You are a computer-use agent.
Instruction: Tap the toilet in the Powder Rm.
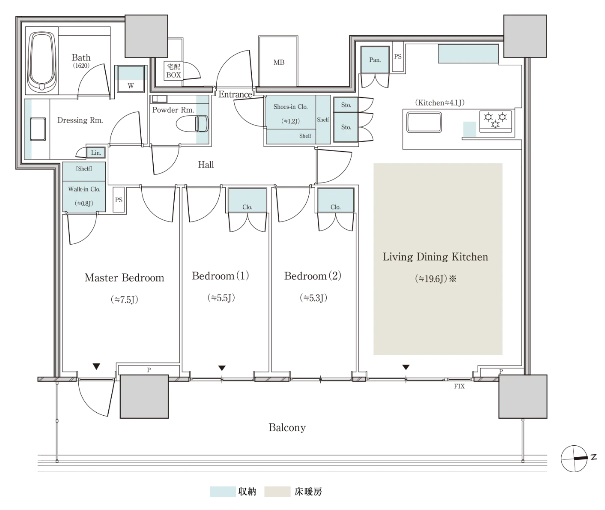point(192,124)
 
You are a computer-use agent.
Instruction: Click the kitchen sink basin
point(424,123)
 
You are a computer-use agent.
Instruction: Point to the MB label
point(279,63)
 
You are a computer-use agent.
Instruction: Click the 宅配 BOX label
point(173,71)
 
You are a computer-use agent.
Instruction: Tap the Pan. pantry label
point(375,60)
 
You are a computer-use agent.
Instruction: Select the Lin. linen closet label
point(96,153)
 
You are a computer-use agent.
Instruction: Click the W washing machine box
point(131,79)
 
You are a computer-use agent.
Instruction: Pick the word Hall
point(206,165)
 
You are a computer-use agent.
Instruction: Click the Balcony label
point(287,428)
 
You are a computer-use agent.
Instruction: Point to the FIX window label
point(459,386)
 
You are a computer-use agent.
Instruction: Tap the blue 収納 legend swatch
point(223,492)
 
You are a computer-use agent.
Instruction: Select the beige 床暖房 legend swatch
point(277,492)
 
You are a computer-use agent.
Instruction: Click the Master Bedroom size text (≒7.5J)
point(124,300)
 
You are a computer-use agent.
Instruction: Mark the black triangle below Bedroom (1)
point(222,368)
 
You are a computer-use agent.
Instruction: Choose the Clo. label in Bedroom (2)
point(335,207)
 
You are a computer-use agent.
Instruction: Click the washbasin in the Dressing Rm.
point(38,129)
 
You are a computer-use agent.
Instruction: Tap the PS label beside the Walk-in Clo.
point(119,200)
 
